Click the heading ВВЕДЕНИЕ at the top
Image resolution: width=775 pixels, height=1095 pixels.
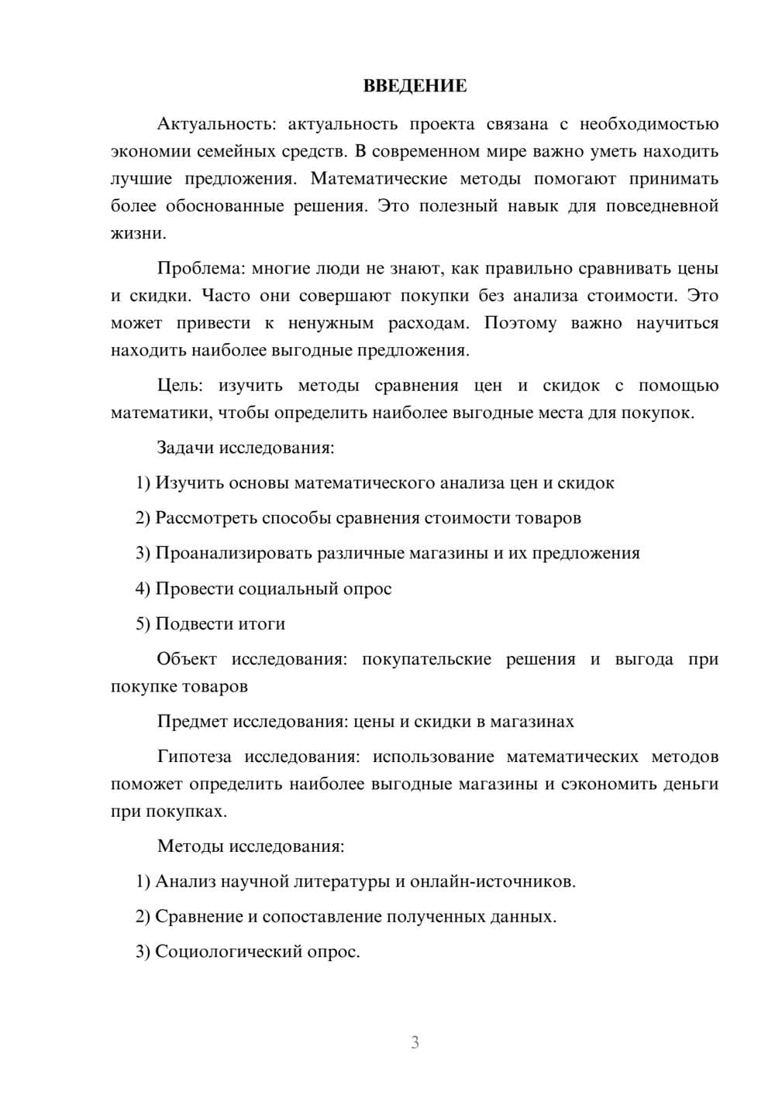(x=415, y=86)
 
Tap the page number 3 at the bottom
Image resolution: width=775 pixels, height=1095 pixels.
(x=415, y=1042)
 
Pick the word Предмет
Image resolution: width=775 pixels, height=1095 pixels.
(x=191, y=722)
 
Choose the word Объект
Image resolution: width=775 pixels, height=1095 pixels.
(x=187, y=659)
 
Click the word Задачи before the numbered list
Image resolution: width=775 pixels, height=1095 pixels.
(x=185, y=448)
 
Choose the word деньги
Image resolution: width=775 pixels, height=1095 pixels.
(x=691, y=784)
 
